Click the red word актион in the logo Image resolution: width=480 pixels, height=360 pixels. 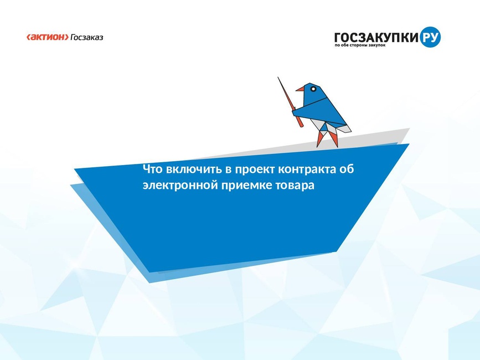coord(48,37)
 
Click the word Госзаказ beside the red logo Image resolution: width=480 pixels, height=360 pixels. coord(87,37)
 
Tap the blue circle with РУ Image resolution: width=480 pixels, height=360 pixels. coord(430,37)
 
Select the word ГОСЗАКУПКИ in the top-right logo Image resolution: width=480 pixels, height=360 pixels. coord(376,37)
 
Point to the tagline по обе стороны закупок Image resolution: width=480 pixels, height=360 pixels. coord(360,45)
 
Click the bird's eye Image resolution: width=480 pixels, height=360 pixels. coord(313,89)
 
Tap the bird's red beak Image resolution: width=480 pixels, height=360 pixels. coord(300,89)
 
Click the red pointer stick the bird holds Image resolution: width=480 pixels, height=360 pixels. coord(290,102)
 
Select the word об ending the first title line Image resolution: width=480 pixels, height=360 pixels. coord(347,169)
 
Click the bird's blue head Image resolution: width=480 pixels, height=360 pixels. coord(312,91)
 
